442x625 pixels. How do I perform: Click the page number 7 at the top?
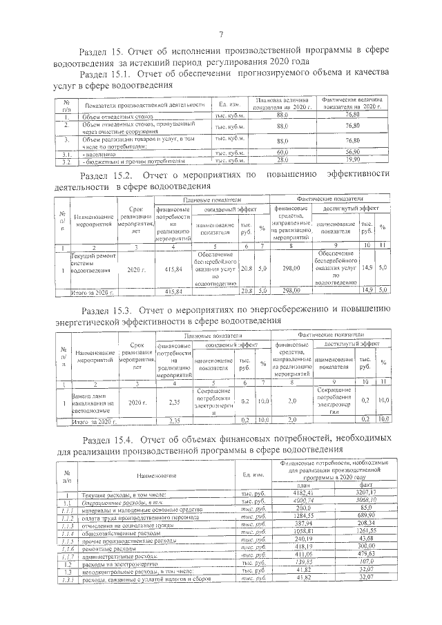(221, 35)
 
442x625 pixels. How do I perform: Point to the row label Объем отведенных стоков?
(109, 117)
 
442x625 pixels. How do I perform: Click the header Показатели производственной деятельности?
(145, 105)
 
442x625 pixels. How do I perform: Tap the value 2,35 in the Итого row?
(175, 420)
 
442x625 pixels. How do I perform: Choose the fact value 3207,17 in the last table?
(366, 492)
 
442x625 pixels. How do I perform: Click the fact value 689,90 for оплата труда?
(366, 516)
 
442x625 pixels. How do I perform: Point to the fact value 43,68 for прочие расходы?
(366, 539)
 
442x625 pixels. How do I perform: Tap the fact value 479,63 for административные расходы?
(366, 555)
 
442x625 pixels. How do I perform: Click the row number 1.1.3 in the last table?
(66, 524)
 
